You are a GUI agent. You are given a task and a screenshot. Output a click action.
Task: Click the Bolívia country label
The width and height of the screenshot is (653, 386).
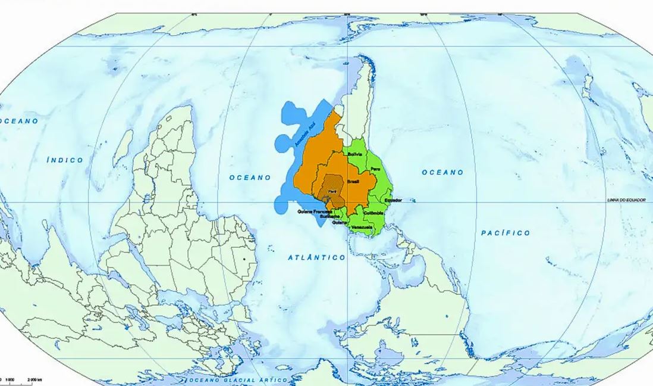click(355, 154)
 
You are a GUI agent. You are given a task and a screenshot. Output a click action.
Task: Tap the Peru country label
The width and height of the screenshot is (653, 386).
click(375, 170)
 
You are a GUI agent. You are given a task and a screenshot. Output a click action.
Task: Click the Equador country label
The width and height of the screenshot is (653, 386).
click(394, 200)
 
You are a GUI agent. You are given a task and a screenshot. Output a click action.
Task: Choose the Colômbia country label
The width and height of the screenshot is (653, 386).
click(373, 213)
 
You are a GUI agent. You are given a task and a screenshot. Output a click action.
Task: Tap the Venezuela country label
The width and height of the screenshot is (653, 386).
click(362, 228)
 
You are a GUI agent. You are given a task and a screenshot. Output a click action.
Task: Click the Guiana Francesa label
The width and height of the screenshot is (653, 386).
click(315, 211)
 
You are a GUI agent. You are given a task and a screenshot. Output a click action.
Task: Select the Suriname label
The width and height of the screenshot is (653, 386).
click(330, 217)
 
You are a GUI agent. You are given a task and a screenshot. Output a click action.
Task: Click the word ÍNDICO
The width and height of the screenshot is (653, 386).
click(65, 160)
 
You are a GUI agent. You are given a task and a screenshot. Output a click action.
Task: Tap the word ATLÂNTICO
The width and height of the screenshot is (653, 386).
click(316, 257)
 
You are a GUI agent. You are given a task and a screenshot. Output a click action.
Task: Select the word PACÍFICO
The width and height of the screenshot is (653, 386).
click(506, 233)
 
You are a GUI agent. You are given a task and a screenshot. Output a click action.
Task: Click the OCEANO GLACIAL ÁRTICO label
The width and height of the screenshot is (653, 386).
click(238, 380)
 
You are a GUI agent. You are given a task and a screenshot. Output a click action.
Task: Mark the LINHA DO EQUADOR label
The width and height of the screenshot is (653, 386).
click(630, 200)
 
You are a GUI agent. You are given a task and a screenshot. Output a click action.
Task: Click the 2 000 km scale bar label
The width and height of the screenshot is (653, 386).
click(34, 379)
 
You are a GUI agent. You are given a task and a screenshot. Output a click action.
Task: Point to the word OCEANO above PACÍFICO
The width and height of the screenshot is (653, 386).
click(442, 172)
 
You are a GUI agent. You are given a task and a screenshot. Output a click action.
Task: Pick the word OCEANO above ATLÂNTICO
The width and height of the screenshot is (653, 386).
click(250, 178)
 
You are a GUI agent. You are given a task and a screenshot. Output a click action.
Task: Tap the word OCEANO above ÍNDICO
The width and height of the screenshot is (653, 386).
click(19, 121)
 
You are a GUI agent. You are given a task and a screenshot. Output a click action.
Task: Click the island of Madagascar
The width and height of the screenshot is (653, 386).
click(123, 147)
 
